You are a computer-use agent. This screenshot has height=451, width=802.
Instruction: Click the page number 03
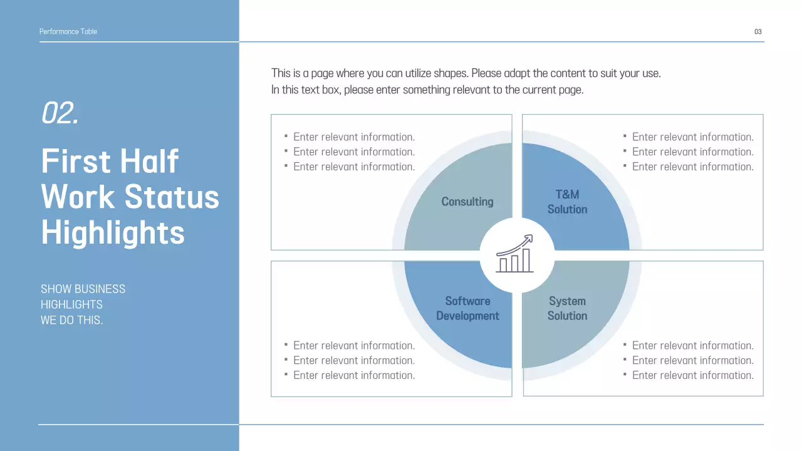tap(758, 32)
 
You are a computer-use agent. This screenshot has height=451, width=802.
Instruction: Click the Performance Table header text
tap(68, 31)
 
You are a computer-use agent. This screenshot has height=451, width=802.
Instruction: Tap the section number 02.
tap(60, 113)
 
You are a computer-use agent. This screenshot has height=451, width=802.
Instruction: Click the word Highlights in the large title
tap(113, 232)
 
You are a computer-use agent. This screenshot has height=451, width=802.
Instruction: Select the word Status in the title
tap(172, 197)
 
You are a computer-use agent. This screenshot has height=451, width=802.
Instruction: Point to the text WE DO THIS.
tap(71, 320)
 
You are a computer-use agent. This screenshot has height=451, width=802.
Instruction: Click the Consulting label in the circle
tap(467, 202)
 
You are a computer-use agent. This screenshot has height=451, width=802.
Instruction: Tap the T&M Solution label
tap(567, 202)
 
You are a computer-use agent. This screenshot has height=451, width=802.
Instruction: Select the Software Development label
tap(467, 309)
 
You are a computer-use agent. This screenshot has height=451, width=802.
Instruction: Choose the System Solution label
tap(567, 309)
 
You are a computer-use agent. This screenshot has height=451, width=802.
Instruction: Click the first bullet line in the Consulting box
tap(353, 137)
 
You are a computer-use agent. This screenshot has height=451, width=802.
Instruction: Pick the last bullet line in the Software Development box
tap(353, 375)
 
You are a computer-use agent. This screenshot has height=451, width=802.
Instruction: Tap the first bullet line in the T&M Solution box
tap(692, 137)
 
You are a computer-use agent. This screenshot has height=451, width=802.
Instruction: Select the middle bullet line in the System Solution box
tap(692, 360)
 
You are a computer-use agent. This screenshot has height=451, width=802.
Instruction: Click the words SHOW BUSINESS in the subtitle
tap(83, 289)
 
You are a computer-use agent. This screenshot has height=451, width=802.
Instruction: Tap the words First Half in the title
tap(110, 161)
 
